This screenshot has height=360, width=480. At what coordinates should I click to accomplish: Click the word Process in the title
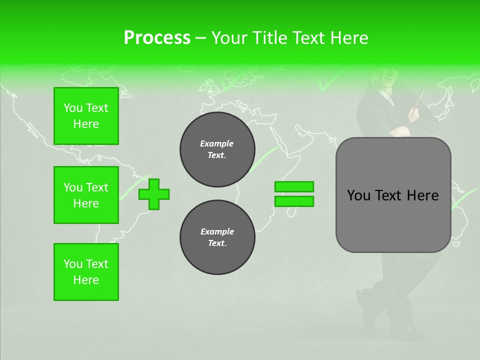[157, 38]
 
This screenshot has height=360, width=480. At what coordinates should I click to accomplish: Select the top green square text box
[86, 116]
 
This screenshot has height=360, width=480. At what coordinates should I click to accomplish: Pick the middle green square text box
[86, 195]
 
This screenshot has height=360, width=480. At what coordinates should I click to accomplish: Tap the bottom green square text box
[86, 271]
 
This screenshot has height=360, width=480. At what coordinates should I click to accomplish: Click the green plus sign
[154, 194]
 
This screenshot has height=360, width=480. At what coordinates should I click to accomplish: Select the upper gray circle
[217, 149]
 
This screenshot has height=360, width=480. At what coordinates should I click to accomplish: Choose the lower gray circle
[217, 237]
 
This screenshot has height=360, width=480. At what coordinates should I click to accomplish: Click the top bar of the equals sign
[294, 186]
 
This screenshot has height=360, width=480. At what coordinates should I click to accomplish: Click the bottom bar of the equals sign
[294, 201]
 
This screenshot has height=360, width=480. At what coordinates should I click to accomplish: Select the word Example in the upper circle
[216, 143]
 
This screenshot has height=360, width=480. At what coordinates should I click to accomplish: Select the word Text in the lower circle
[216, 243]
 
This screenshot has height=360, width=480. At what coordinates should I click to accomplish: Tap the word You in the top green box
[73, 108]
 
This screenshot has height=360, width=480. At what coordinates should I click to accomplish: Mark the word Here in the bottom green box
[86, 280]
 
